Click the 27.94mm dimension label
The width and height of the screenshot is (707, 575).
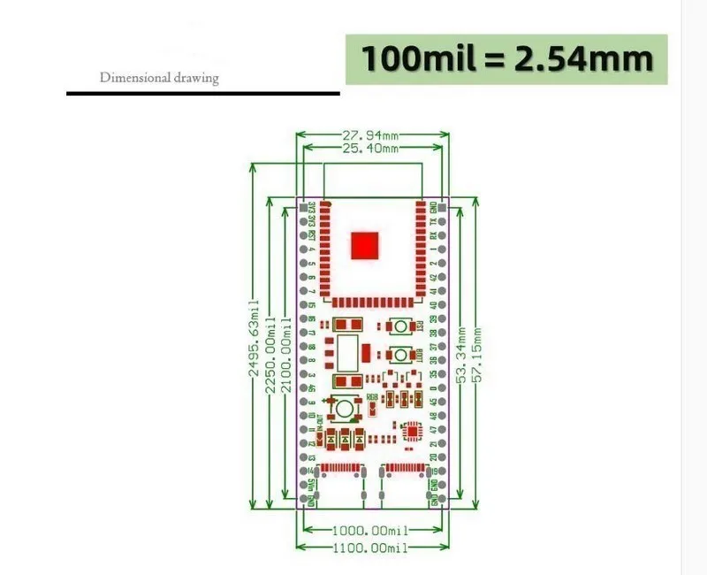pos(370,135)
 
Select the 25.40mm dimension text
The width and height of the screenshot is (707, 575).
pos(370,149)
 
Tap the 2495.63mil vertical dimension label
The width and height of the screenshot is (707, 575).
pos(256,335)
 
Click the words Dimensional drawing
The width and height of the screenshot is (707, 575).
pos(159,78)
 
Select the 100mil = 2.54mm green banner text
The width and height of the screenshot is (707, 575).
pos(506,59)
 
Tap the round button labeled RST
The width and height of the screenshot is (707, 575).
pos(401,327)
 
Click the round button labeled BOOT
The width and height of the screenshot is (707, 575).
pos(401,356)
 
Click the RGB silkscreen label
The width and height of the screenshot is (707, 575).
pos(372,396)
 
